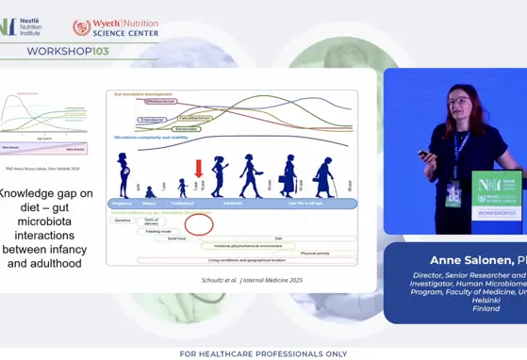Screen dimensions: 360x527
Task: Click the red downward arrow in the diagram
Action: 198,168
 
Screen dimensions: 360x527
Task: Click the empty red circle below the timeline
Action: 198,223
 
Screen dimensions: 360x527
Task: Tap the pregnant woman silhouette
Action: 124,176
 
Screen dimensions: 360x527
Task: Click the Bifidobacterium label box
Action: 134,101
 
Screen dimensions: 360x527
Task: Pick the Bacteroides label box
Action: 186,128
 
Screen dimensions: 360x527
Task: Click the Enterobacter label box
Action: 152,120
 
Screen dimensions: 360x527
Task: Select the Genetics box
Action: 123,220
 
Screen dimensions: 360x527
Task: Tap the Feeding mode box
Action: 159,231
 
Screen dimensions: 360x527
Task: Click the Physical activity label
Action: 315,253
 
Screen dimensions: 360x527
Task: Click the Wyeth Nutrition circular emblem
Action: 82,26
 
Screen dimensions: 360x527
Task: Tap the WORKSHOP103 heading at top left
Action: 68,51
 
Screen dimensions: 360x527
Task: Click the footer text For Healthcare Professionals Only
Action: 263,353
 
